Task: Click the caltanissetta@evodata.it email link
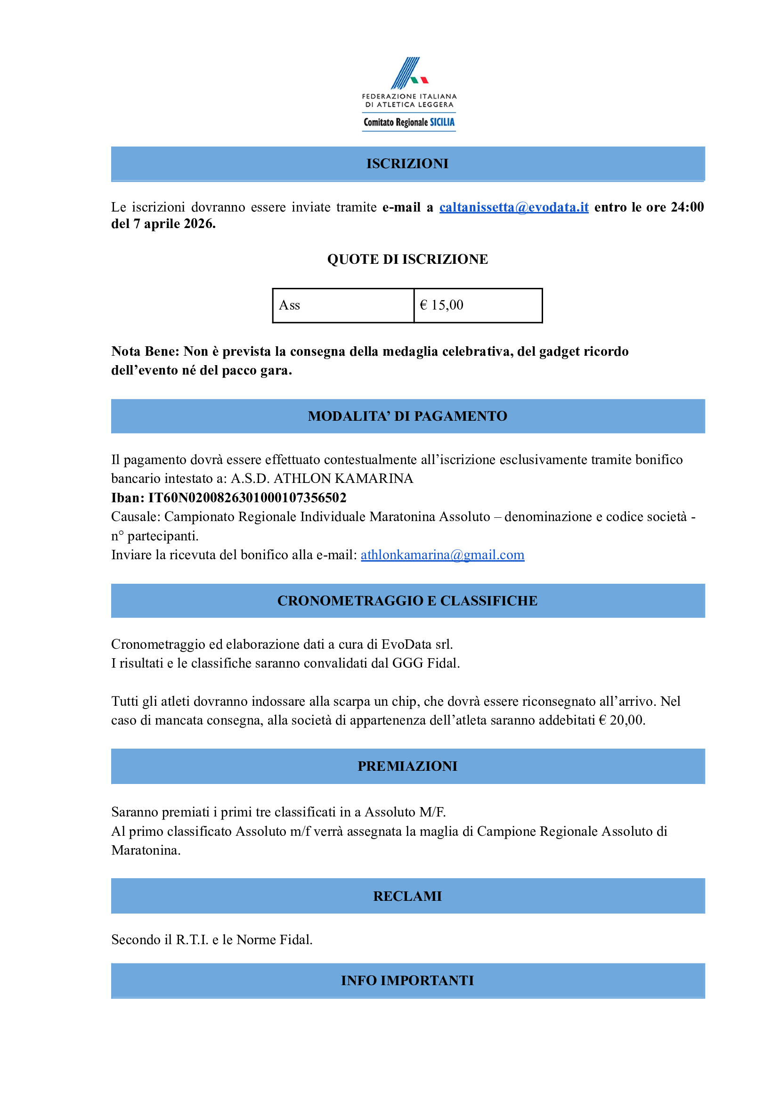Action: coord(513,207)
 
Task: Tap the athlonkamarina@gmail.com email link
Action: coord(442,555)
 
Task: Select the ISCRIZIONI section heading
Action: coord(407,164)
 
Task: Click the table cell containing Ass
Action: coord(343,305)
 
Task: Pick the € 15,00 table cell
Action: coord(478,305)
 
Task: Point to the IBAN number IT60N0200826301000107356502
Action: coord(247,498)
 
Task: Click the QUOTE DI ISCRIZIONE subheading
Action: coord(407,260)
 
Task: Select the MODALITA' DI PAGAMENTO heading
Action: coord(407,416)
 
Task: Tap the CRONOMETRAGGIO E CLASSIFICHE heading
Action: coord(407,601)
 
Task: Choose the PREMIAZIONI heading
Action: coord(407,766)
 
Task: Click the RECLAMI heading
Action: coord(407,897)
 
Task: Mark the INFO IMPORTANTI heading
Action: coord(407,980)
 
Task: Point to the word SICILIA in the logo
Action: coord(442,122)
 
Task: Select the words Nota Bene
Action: coord(145,351)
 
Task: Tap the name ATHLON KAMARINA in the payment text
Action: coord(343,479)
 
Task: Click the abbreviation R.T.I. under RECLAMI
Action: coord(192,939)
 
